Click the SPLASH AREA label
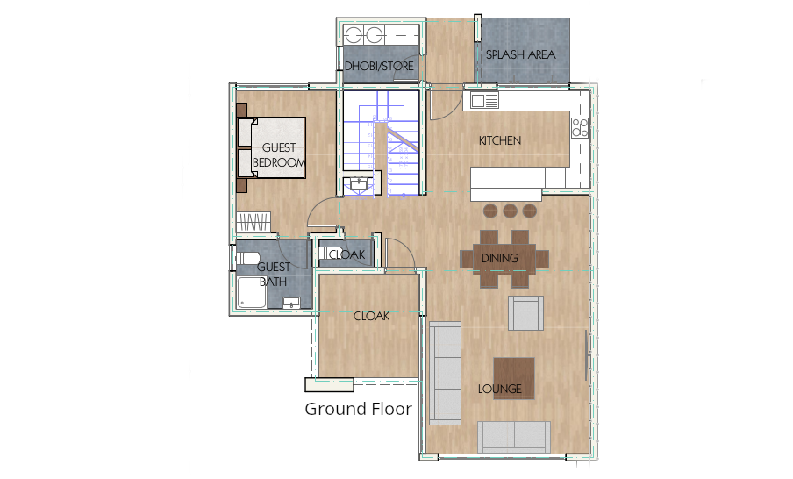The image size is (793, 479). point(521,54)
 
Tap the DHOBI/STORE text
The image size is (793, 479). point(378,66)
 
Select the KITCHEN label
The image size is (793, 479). point(500,140)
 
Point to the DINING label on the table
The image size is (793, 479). point(499,259)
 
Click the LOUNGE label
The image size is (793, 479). point(500,389)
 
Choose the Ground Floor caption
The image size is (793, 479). point(358,409)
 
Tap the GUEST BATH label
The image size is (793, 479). point(274,275)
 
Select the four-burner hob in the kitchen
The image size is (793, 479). point(579,127)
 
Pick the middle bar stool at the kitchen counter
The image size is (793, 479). point(511,211)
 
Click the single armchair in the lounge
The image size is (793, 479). point(525,313)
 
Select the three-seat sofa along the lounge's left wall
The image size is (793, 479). point(445,372)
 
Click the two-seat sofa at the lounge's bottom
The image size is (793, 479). point(513,437)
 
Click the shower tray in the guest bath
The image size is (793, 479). point(251,295)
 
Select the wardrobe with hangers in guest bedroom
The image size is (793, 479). point(256,223)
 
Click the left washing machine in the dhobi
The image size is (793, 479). point(355,36)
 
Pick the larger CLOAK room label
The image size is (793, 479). point(371,316)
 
